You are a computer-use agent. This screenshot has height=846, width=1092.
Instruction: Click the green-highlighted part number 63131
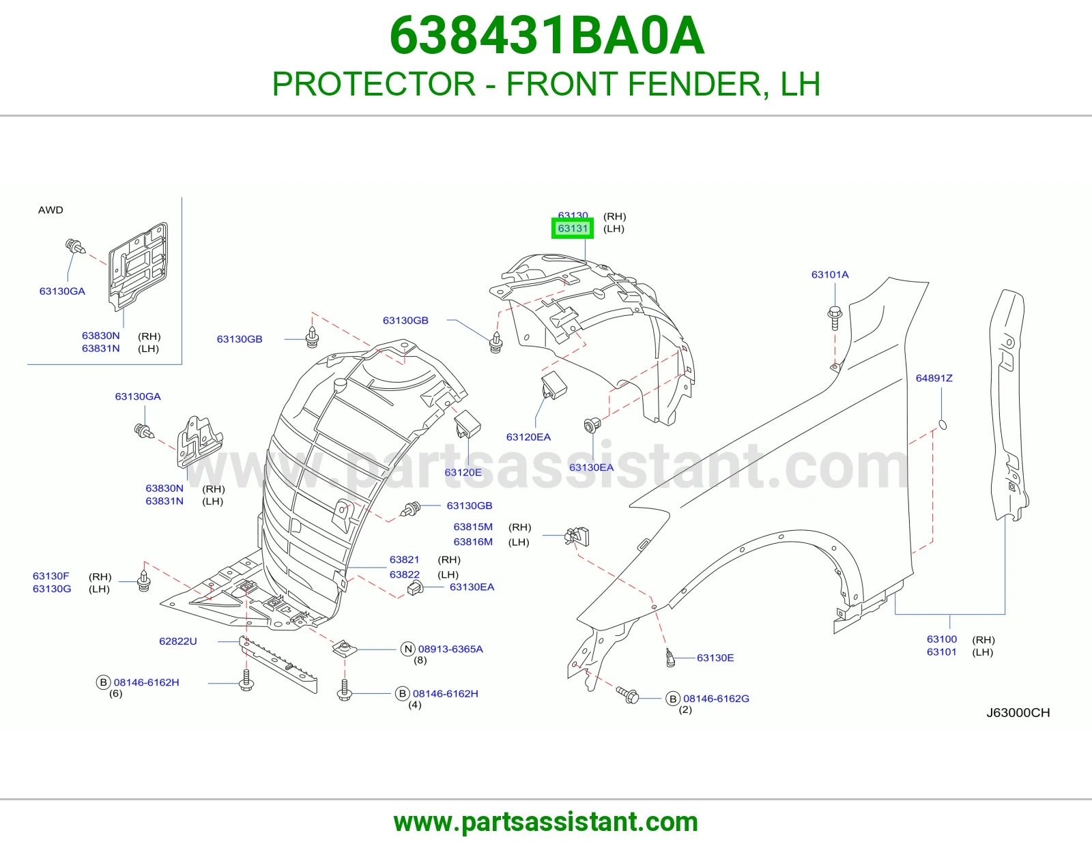(573, 229)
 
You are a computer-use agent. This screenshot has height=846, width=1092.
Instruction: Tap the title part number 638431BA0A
(547, 35)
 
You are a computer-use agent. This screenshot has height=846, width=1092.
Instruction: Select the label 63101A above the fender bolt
(830, 275)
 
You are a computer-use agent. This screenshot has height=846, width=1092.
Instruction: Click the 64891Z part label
(934, 378)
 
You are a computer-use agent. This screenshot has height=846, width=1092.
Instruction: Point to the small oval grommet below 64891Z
(943, 425)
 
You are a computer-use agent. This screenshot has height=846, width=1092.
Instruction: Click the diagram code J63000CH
(1018, 713)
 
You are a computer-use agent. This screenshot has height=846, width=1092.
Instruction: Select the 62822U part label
(178, 641)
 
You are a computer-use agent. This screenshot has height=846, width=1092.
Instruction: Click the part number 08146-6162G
(716, 699)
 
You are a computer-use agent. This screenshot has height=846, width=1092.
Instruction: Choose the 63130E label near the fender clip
(715, 658)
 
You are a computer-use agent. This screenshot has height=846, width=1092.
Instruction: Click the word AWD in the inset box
(51, 210)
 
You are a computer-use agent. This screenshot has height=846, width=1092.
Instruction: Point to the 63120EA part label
(528, 437)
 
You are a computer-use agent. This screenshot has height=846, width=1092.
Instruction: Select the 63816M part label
(473, 542)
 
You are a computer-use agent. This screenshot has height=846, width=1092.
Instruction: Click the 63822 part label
(404, 574)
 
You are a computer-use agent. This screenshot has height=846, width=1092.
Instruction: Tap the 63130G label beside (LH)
(52, 589)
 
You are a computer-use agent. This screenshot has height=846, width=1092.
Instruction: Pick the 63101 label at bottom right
(941, 652)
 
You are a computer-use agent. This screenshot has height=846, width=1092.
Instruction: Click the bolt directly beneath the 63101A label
(835, 317)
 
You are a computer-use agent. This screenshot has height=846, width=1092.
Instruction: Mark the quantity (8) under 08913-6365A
(420, 660)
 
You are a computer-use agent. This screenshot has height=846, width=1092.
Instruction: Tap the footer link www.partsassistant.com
(546, 822)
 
